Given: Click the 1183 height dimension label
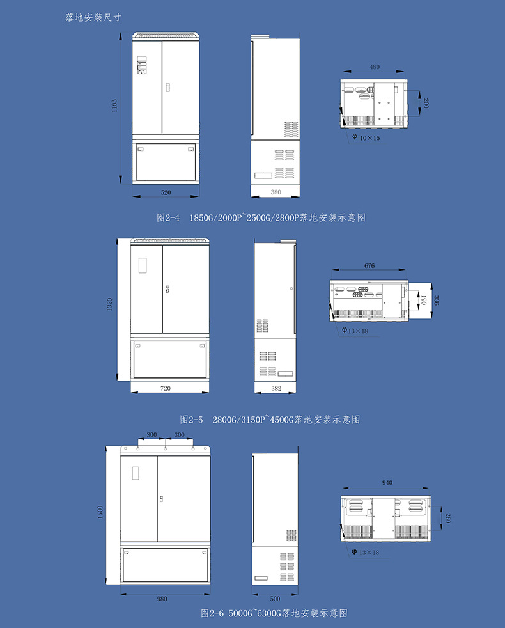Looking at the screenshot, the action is point(114,106).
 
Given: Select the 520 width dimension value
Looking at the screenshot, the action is point(166,192).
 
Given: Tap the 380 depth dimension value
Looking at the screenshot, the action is point(276,192).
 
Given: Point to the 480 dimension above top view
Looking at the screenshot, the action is point(375,67).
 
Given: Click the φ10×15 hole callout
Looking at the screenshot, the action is point(366,137).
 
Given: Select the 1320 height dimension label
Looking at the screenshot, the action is point(109,304).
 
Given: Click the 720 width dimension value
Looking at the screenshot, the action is point(166,388).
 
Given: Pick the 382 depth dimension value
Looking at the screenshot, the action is point(276,388).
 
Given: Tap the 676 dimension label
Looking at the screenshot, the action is point(369,265).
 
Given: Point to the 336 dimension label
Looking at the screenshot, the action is point(437,301).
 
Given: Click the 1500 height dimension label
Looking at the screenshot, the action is point(100,512).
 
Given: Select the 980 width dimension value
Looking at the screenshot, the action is point(162,599).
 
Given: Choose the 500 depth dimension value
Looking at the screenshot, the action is point(275,599).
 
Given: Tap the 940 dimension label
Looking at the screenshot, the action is point(387,483).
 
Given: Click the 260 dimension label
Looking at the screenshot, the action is point(447,518).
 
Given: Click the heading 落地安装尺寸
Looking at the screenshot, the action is point(93,17).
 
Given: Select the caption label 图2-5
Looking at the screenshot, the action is point(191,420).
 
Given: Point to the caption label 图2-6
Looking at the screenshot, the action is point(212,613).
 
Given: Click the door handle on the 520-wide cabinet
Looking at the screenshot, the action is point(167,88).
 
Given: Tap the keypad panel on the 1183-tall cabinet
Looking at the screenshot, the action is point(142,65).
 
